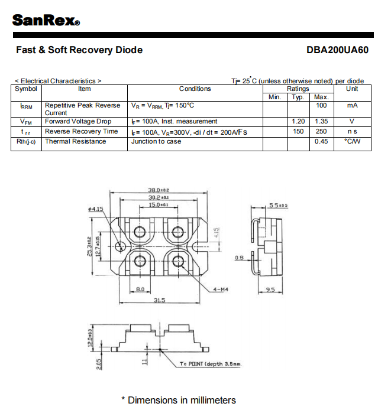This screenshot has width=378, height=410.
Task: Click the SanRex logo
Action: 46,20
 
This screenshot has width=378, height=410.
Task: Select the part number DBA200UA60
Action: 337,50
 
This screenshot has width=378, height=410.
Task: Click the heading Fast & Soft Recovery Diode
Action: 79,50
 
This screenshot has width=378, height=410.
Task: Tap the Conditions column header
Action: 195,89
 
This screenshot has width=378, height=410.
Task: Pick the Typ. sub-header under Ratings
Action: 298,97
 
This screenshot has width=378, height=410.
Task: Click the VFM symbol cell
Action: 26,121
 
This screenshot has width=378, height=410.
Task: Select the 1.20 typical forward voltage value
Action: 298,121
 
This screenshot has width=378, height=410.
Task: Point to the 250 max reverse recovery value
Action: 321,131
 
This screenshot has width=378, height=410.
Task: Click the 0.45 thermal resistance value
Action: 321,141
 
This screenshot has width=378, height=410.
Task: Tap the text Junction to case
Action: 156,141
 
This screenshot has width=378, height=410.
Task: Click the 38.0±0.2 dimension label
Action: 158,190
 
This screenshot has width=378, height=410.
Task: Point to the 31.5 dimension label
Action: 159,300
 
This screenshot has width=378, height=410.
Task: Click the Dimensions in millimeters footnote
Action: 178,400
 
